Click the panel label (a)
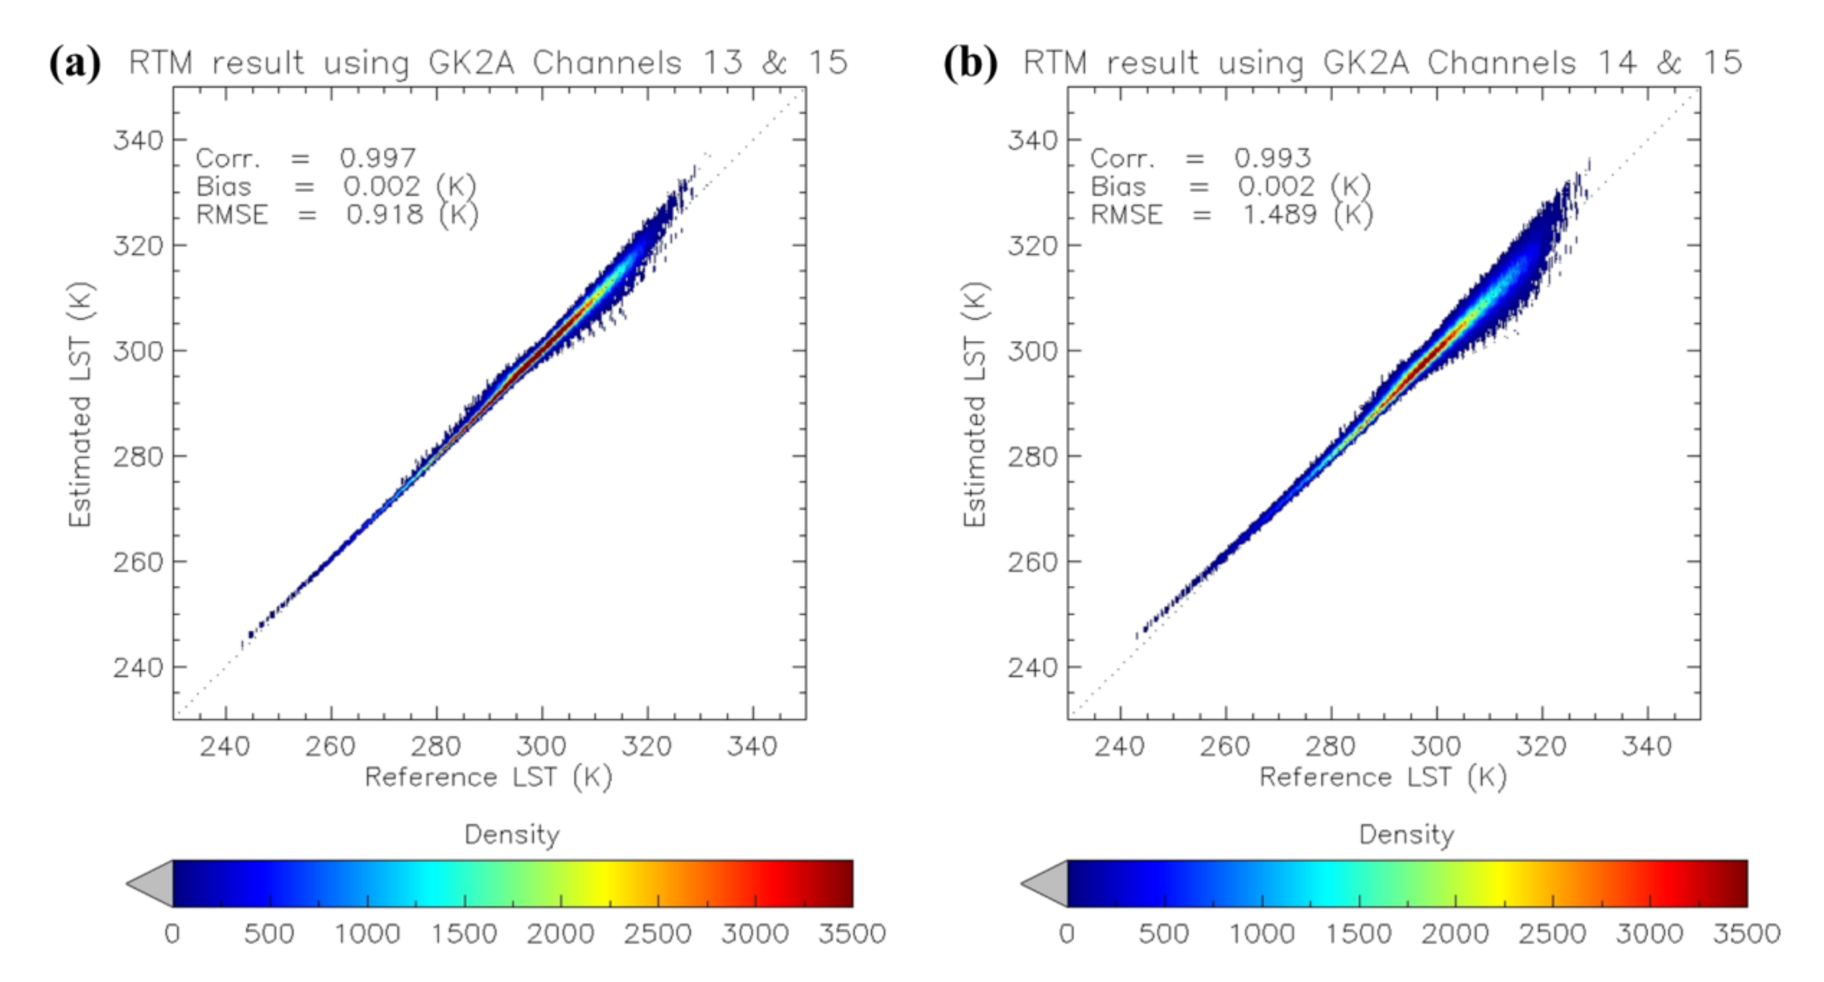tap(74, 64)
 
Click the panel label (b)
tap(970, 64)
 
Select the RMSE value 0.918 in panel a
tap(385, 214)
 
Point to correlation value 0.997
tap(377, 157)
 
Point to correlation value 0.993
tap(1273, 157)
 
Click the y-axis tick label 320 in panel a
tap(138, 245)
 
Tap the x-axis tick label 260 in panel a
tap(330, 746)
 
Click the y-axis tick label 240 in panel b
tap(1032, 667)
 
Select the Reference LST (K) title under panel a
tap(488, 777)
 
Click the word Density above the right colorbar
tap(1406, 835)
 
